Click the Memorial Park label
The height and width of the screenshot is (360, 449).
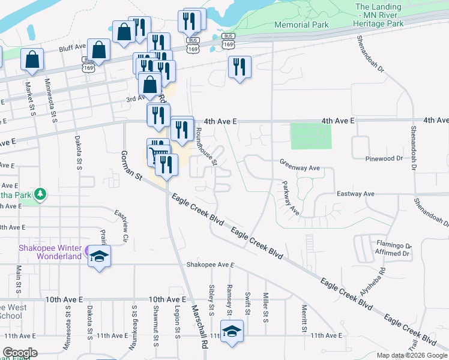click(x=301, y=25)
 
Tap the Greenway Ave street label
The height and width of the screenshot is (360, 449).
click(x=300, y=169)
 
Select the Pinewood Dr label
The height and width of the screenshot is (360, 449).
click(x=384, y=158)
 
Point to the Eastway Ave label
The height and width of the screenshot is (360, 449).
click(x=355, y=194)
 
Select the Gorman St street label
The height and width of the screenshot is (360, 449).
click(x=130, y=167)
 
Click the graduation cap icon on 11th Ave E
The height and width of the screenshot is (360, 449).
click(x=231, y=332)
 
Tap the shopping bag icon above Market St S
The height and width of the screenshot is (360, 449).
click(x=32, y=59)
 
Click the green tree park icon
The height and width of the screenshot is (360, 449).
click(x=40, y=194)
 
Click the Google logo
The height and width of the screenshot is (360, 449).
click(x=20, y=353)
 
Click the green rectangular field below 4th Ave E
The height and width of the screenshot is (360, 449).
click(x=310, y=136)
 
